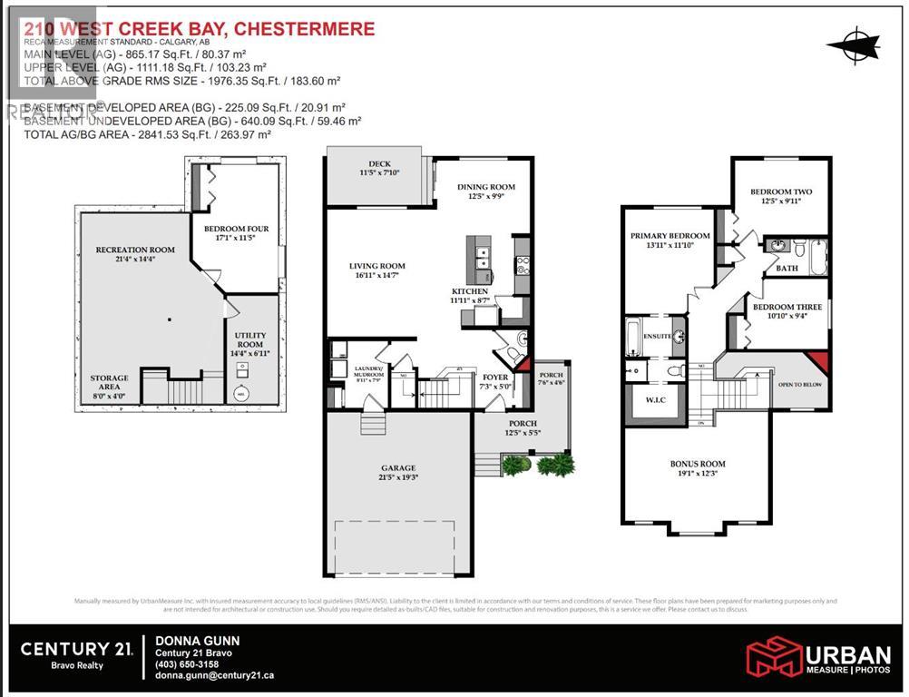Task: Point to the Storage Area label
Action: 109,382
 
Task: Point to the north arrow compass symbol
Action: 854,43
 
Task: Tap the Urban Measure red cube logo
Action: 773,656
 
